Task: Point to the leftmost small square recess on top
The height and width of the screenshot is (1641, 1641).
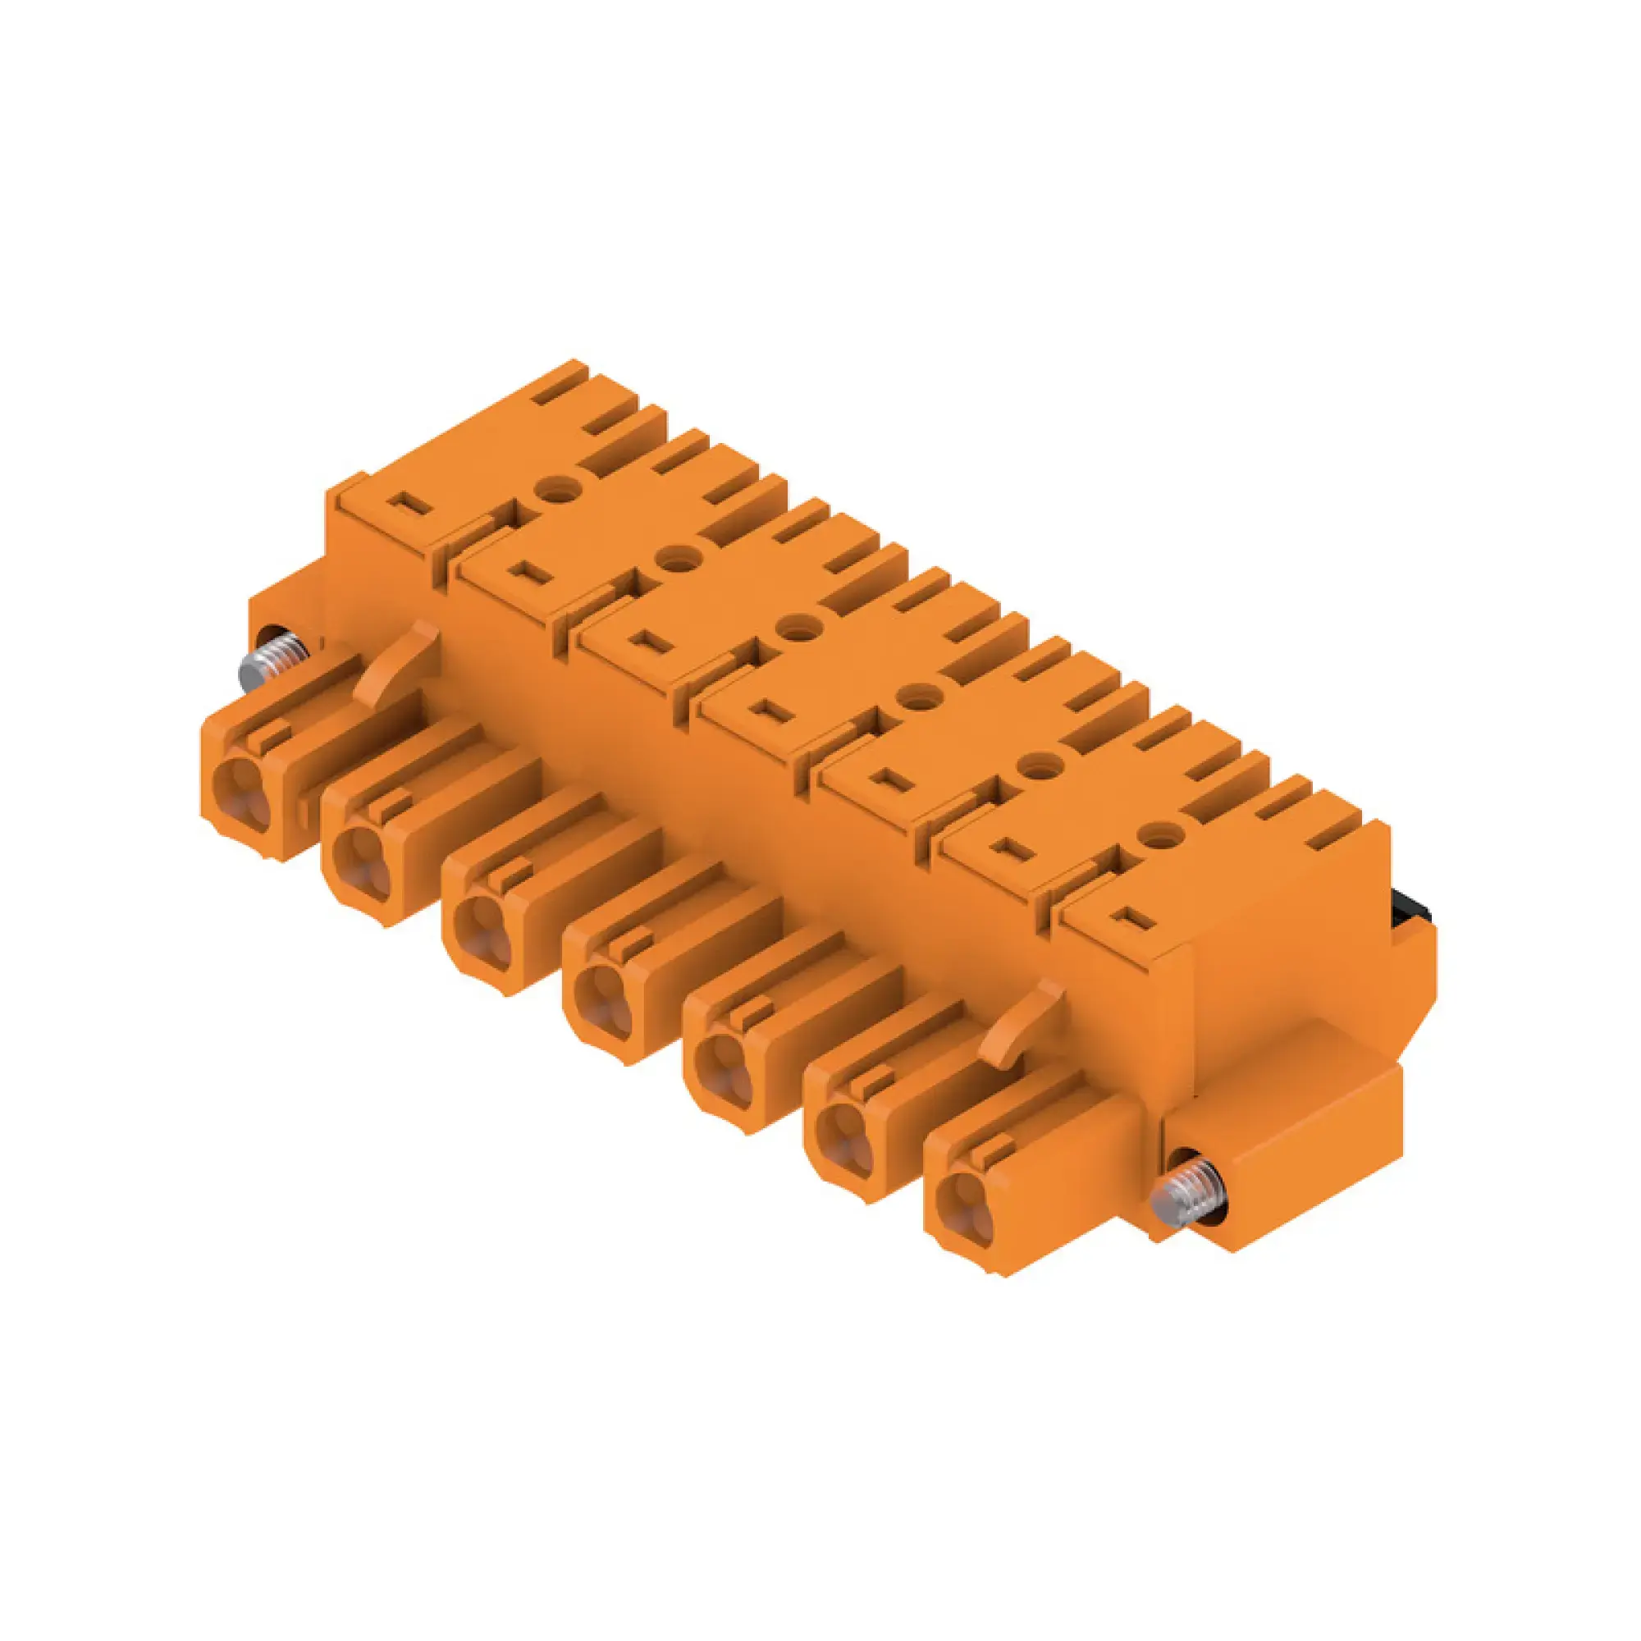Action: [x=409, y=503]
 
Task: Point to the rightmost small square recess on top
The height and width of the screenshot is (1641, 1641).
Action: [x=1127, y=916]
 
